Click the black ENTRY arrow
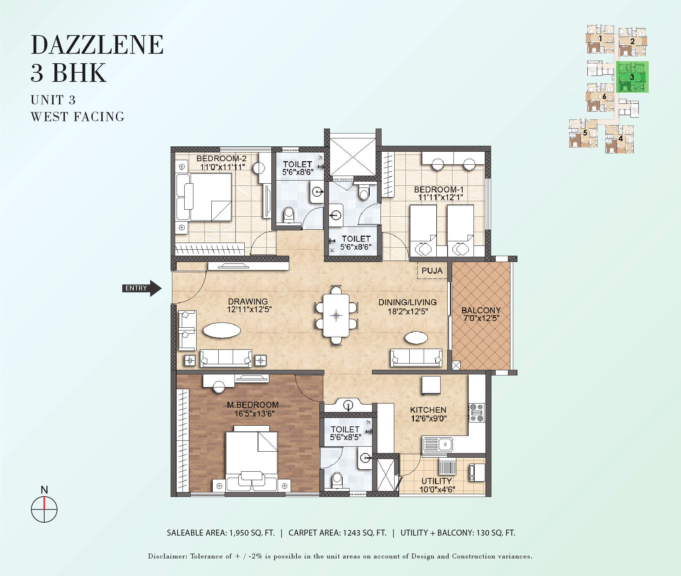(142, 288)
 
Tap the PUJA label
(432, 271)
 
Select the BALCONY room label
(481, 310)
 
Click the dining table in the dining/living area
(336, 315)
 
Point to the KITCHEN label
(428, 410)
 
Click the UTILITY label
(436, 481)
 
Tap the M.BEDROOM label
(253, 405)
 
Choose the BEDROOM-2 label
(222, 158)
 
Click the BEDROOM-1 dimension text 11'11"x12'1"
(441, 197)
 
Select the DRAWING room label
(248, 301)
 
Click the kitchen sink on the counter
(438, 444)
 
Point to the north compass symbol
(44, 509)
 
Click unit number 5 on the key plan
(585, 133)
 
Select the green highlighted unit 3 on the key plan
(632, 77)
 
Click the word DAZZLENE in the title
(97, 45)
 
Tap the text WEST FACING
(78, 117)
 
